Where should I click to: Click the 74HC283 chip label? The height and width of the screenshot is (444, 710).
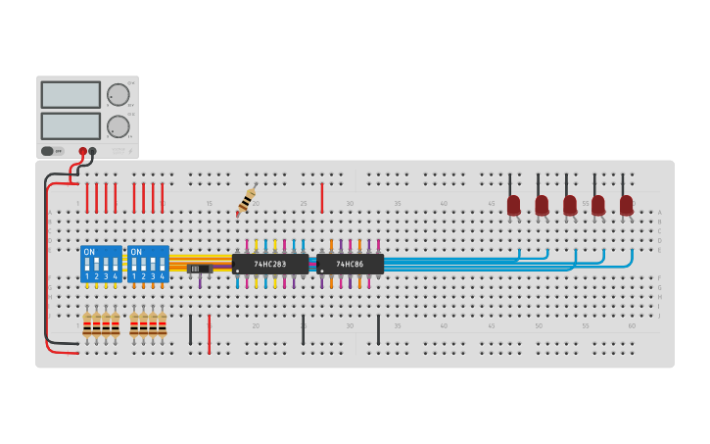coord(270,264)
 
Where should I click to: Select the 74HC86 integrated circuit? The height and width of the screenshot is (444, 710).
coord(350,264)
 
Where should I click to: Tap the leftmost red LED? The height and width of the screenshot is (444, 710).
coord(513,205)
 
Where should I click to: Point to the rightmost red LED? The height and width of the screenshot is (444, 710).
coord(626,205)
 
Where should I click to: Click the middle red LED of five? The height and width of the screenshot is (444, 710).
coord(570,205)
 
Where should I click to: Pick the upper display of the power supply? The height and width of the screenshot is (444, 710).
coord(71,95)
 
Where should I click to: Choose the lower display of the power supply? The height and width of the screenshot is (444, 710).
coord(71,125)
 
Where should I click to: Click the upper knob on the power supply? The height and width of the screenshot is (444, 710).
coord(118,95)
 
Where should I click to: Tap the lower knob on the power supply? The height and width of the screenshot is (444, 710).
coord(118,126)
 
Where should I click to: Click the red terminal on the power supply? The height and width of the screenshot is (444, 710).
coord(82,151)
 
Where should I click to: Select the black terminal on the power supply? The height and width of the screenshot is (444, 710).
coord(92,151)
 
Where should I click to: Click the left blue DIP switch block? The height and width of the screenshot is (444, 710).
coord(101,264)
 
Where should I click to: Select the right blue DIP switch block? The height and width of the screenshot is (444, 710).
coord(148,264)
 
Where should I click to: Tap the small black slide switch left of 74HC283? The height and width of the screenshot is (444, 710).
coord(199,268)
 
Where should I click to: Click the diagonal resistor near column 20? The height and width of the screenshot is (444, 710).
coord(246,200)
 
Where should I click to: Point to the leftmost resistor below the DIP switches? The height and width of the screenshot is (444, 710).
coord(87,324)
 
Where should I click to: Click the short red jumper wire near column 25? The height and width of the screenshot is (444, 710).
coord(321,197)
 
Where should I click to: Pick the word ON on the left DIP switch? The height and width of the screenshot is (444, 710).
coord(89,252)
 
